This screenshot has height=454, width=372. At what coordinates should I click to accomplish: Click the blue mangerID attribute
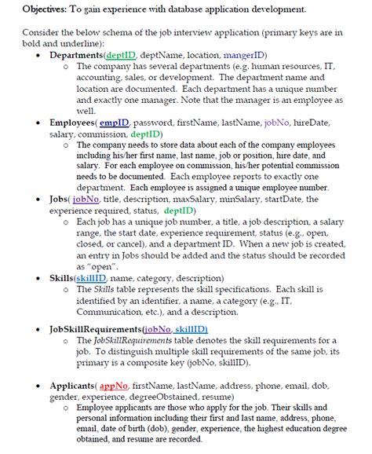click(x=245, y=57)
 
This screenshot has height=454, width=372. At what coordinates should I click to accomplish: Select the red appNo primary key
click(x=114, y=386)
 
